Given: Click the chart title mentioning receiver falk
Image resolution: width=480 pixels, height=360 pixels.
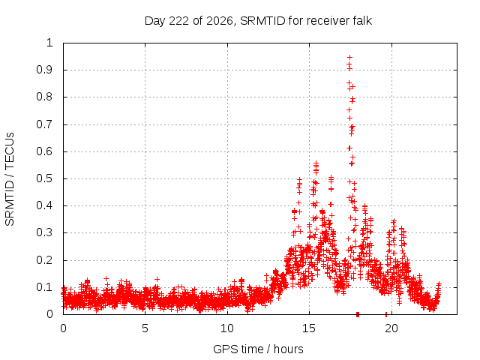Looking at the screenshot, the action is pyautogui.click(x=258, y=21).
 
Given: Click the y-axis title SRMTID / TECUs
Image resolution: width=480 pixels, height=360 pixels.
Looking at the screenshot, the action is pyautogui.click(x=10, y=179).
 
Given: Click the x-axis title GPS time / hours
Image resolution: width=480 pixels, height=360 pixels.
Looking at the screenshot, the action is pyautogui.click(x=258, y=349).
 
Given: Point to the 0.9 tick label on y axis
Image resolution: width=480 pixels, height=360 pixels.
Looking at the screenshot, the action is pyautogui.click(x=45, y=70).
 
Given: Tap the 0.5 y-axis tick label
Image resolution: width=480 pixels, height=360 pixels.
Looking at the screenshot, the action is pyautogui.click(x=45, y=178).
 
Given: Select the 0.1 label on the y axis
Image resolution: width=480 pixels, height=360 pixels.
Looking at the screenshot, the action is pyautogui.click(x=45, y=287).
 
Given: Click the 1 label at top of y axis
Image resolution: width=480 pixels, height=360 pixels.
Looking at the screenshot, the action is pyautogui.click(x=50, y=43).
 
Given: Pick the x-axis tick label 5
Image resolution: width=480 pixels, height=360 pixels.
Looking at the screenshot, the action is pyautogui.click(x=145, y=328).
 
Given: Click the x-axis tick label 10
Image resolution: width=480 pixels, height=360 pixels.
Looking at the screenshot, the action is pyautogui.click(x=227, y=328).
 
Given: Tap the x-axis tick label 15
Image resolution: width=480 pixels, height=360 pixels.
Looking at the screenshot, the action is pyautogui.click(x=309, y=328).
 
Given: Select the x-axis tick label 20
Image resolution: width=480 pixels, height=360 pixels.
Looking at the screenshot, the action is pyautogui.click(x=391, y=328).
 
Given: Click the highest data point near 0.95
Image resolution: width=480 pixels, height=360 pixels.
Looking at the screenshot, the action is pyautogui.click(x=349, y=57).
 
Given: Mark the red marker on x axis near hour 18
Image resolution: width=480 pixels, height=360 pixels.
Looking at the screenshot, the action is pyautogui.click(x=358, y=314).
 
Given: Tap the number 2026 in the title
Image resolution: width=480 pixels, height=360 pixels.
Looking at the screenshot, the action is pyautogui.click(x=219, y=21).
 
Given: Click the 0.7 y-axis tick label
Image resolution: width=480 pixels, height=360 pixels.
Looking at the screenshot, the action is pyautogui.click(x=45, y=124).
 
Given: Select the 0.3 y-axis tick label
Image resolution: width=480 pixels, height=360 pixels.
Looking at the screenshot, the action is pyautogui.click(x=45, y=232).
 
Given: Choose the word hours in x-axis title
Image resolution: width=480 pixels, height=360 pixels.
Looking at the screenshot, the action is pyautogui.click(x=288, y=349).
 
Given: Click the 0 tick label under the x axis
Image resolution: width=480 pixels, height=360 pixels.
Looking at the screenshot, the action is pyautogui.click(x=63, y=328).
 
